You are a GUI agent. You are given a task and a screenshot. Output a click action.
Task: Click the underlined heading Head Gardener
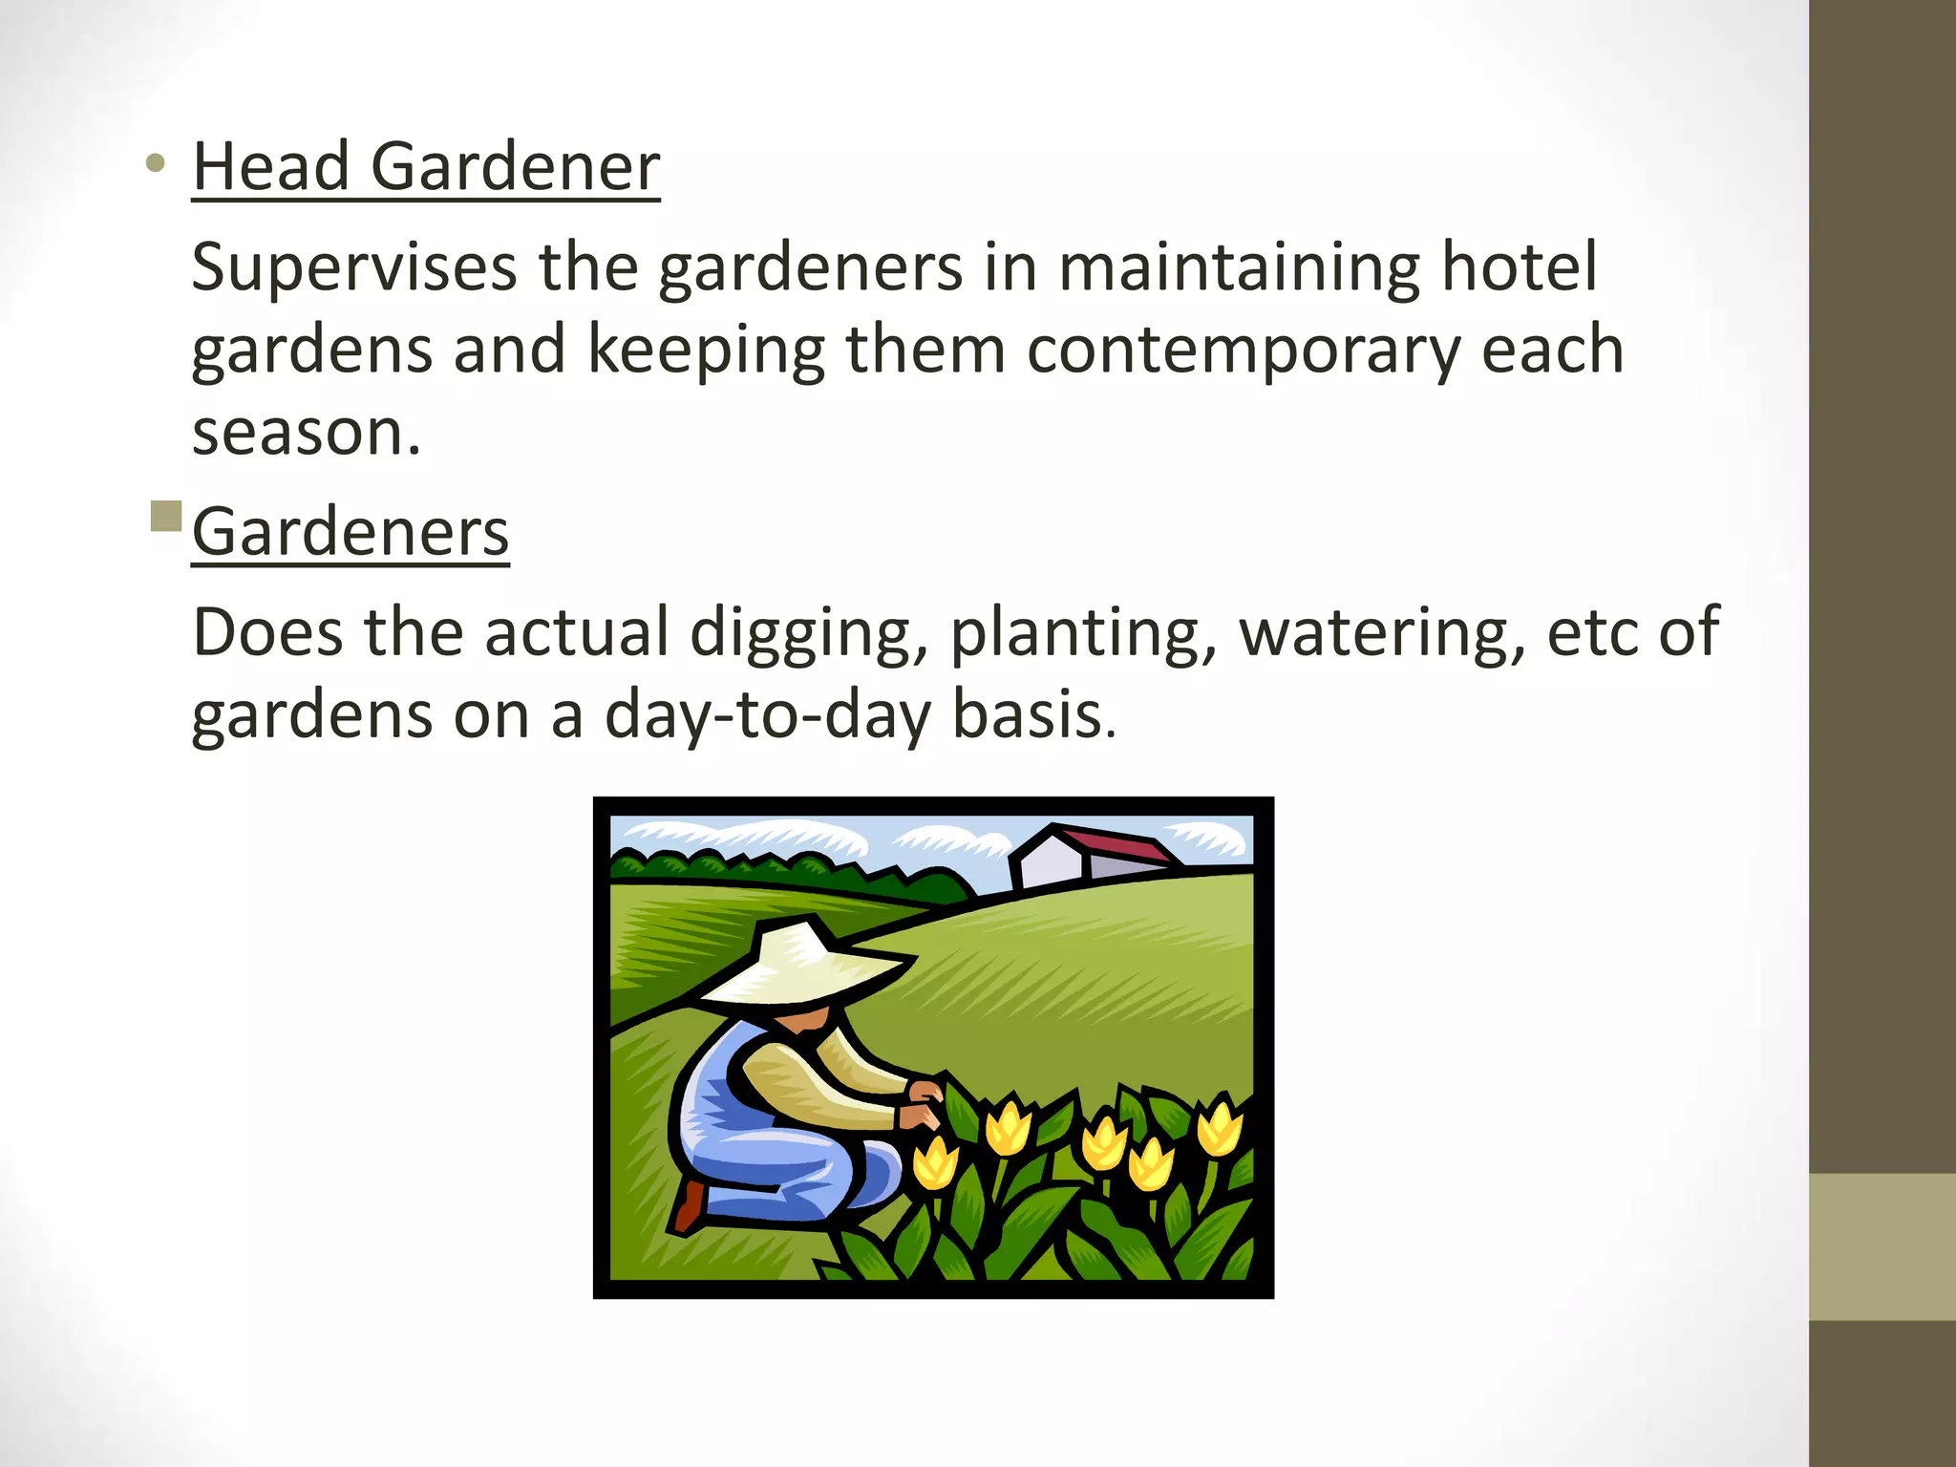click(425, 167)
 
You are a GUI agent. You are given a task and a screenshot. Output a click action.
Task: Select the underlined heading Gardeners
click(350, 532)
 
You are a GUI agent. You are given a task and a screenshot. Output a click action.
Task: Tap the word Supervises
click(353, 267)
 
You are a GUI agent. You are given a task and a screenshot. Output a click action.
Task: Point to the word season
click(304, 432)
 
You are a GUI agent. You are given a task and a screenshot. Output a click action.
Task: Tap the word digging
click(808, 633)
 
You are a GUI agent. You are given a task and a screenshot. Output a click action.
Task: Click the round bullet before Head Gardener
click(156, 164)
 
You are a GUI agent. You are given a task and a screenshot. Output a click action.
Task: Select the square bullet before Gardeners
click(166, 516)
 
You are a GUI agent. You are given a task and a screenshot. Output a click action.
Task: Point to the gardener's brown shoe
click(690, 1205)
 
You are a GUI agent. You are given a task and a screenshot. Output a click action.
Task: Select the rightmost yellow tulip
click(1220, 1127)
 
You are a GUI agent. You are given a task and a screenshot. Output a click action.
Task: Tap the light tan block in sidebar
click(1882, 1246)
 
